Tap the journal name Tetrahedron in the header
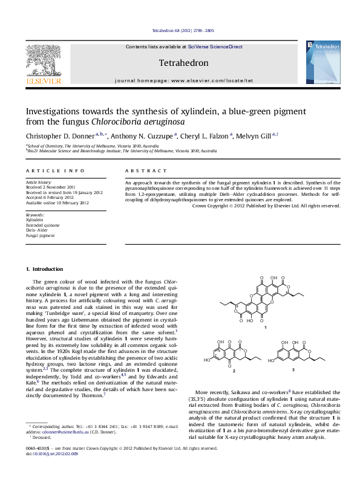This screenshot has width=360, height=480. point(183,63)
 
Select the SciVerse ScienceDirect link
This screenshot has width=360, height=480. point(215,47)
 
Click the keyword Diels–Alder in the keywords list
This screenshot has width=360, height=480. point(36,230)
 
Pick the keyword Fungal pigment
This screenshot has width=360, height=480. point(40,235)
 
